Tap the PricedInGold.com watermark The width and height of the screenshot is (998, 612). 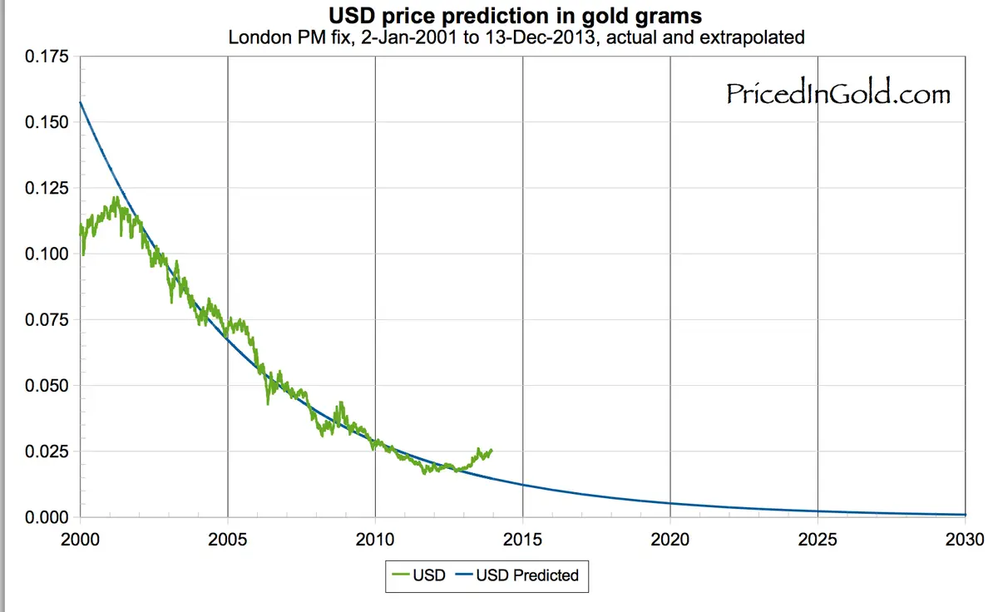coord(837,94)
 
